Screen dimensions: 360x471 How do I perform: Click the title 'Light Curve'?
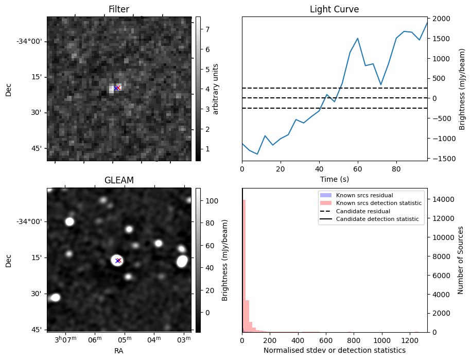334,9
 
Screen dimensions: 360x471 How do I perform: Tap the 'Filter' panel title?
118,9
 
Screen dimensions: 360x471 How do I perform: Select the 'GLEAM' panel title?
118,180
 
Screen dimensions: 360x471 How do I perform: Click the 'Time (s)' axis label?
334,179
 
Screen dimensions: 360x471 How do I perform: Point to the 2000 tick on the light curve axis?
443,19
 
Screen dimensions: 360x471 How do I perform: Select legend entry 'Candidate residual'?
363,212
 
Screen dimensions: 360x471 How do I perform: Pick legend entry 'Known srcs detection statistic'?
378,203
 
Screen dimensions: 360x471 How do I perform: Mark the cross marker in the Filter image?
117,88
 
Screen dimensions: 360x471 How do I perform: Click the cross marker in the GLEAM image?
118,261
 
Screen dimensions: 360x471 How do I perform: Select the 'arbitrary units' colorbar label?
216,89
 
